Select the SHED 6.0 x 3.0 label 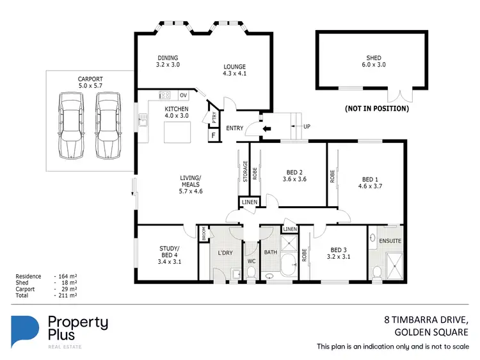coord(373,62)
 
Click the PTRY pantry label coord(214,118)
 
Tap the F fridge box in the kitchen coord(213,136)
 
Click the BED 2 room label coord(294,176)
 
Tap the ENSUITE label coord(390,241)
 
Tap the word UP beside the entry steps coord(307,126)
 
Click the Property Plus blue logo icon coord(26,331)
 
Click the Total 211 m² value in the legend coord(68,296)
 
